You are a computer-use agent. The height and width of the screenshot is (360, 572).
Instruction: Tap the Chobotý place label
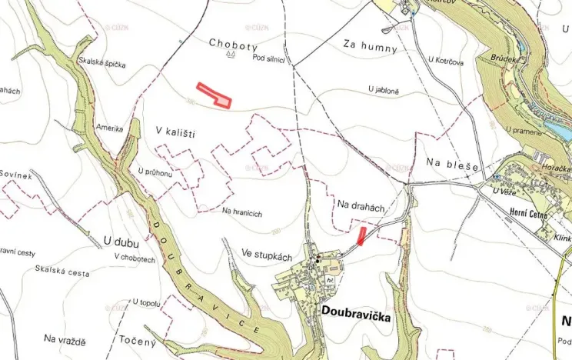coord(232,44)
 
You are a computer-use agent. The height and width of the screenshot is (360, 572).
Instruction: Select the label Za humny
coord(371,48)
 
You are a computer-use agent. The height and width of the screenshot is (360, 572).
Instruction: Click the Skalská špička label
coord(101,64)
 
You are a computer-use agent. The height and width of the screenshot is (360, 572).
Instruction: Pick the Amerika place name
coord(109,128)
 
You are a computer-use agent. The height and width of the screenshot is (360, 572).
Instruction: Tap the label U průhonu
coord(155,172)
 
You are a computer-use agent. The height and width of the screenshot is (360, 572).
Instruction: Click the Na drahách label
coord(360,206)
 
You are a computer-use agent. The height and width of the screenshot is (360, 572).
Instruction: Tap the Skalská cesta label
coord(62,270)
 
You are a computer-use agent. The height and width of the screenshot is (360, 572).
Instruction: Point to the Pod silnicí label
coord(269,58)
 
